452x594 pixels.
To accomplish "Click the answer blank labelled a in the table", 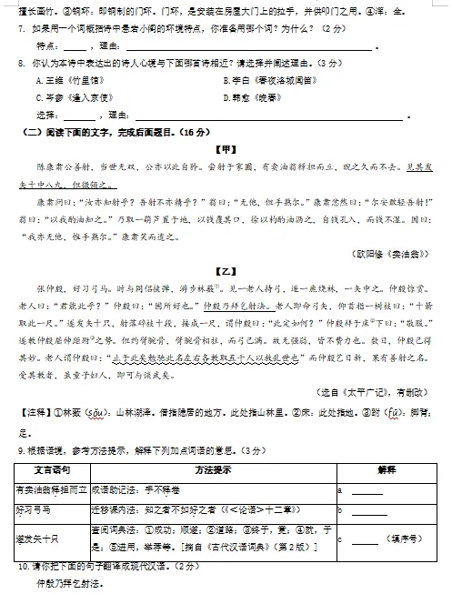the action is pos(367,492).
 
